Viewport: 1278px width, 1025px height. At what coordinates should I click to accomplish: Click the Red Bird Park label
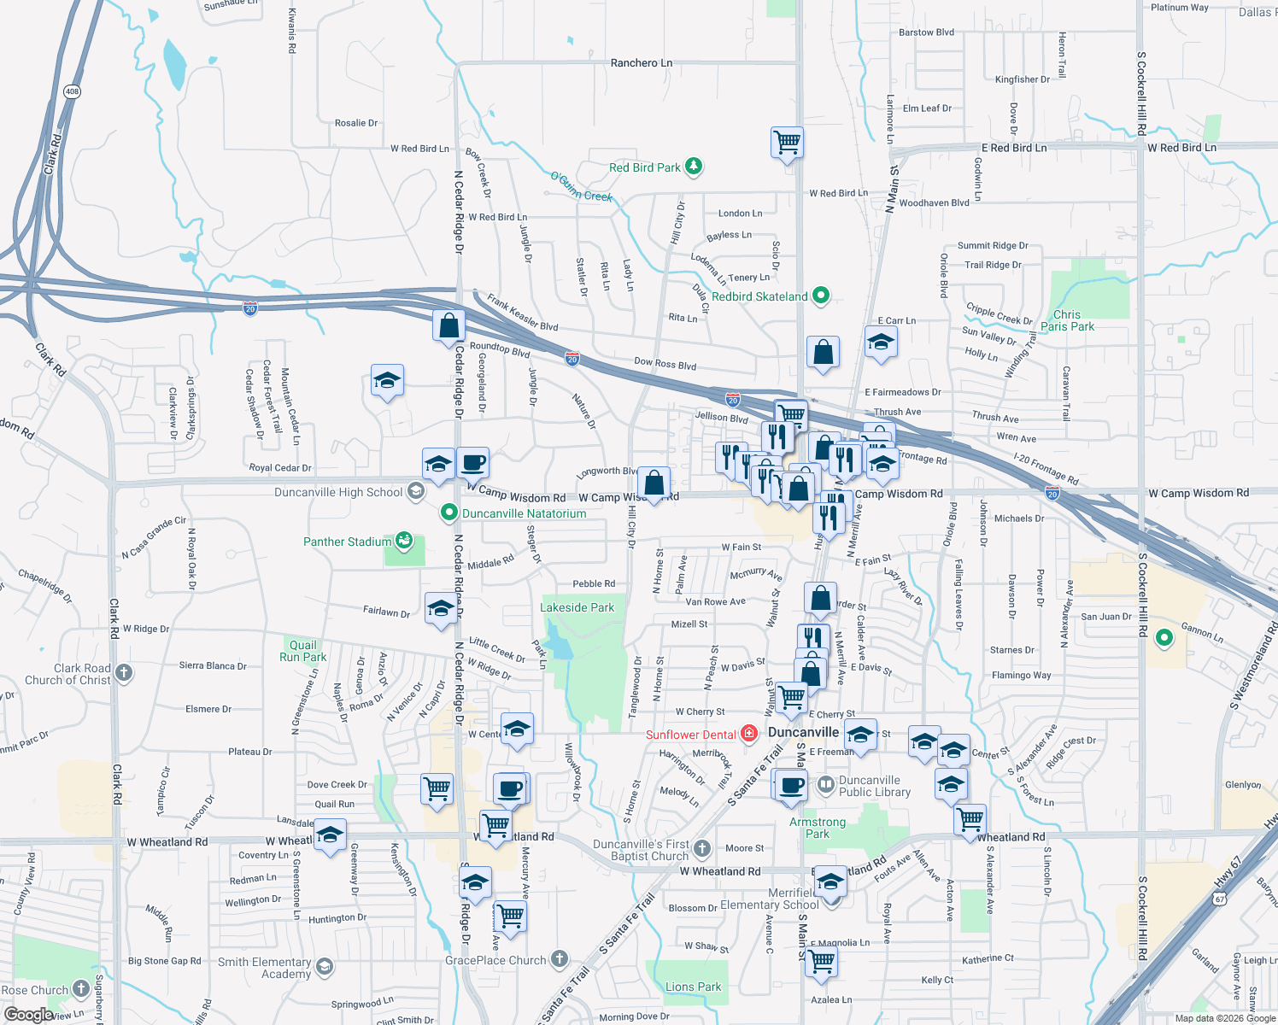644,167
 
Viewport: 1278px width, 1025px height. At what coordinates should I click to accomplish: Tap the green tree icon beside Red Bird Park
694,167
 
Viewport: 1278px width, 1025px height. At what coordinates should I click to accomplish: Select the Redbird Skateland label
759,296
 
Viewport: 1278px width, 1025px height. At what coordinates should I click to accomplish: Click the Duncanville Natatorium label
524,513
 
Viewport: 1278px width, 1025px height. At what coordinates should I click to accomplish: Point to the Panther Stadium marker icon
404,541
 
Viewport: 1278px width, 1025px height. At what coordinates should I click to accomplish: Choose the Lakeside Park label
577,607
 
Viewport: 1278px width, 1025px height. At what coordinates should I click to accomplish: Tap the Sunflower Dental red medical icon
749,734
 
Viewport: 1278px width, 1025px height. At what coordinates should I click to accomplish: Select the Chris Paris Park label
1067,320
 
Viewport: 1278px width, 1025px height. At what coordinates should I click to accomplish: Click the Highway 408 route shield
72,91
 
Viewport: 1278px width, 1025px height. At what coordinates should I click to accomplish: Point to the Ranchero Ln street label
641,63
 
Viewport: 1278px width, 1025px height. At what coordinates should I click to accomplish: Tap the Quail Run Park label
302,651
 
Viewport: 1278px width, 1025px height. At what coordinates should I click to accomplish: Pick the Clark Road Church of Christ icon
124,673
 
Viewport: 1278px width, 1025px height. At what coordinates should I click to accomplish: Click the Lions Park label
693,987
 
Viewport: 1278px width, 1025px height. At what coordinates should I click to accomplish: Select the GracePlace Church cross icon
560,959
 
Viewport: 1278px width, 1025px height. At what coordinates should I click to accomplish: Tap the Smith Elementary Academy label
264,968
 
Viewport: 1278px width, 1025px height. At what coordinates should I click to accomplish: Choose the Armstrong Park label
818,828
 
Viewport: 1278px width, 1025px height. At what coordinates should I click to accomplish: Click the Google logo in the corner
28,1015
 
